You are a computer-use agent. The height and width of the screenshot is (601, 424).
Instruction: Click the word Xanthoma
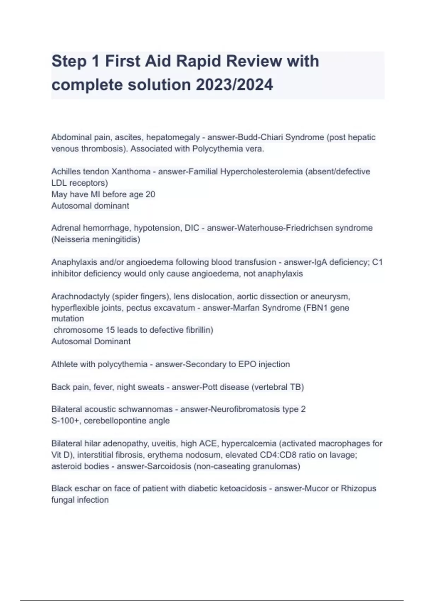(131, 171)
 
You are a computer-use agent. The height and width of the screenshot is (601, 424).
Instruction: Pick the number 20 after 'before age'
(150, 194)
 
